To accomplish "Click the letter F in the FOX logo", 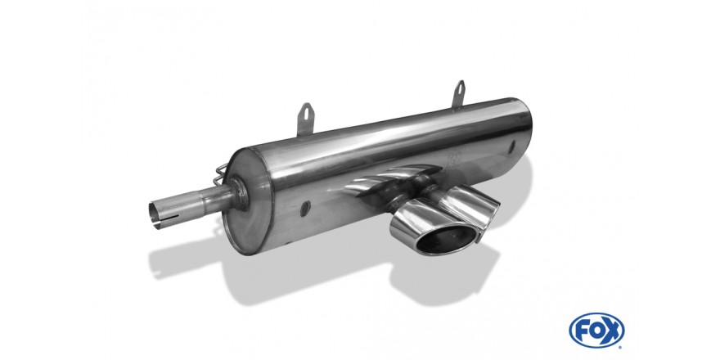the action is [582, 331].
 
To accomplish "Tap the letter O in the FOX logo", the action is [596, 331].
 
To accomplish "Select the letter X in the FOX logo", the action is [612, 331].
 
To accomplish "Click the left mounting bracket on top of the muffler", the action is [304, 119].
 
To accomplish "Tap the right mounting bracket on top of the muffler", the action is [459, 94].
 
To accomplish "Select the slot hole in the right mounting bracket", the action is [460, 88].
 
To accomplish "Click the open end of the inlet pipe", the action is [155, 214].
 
